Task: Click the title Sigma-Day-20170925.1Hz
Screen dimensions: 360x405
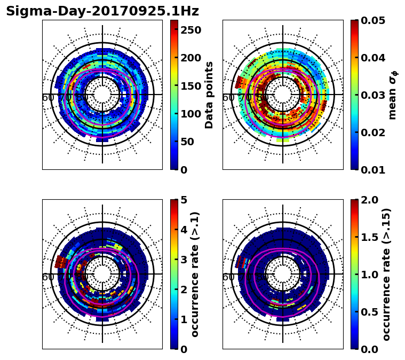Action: [x=102, y=11]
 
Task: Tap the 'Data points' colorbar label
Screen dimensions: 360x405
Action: [x=209, y=95]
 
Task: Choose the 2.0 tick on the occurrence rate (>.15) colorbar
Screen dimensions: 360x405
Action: [x=372, y=200]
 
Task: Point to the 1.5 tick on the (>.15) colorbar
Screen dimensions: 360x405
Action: [x=372, y=237]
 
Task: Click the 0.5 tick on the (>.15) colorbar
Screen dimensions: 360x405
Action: [x=372, y=312]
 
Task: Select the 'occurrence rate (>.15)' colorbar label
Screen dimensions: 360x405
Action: [x=387, y=274]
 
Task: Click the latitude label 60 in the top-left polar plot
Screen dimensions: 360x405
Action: [x=47, y=98]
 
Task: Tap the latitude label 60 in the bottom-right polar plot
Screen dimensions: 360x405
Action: [x=228, y=277]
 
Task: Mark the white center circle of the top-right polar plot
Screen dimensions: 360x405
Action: [x=283, y=95]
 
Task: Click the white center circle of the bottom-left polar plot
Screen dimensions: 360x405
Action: [x=102, y=274]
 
